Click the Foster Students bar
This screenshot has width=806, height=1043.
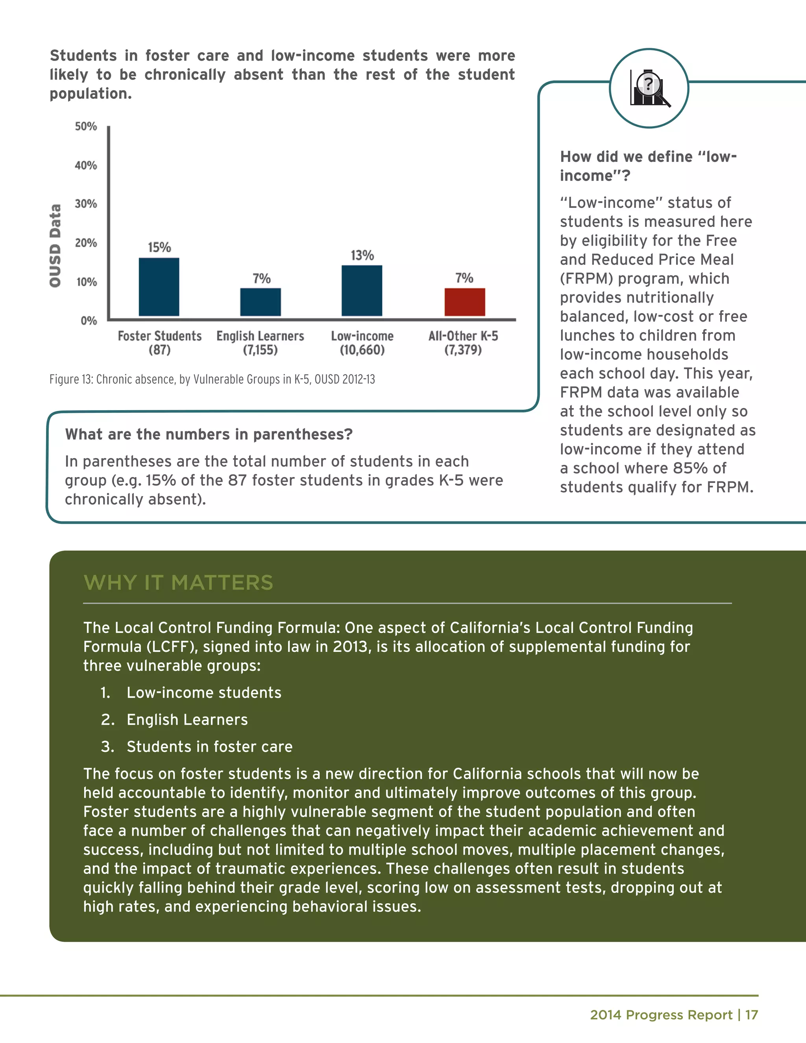[159, 287]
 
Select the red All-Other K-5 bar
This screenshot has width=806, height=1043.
[465, 302]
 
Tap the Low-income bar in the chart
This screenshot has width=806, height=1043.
[362, 290]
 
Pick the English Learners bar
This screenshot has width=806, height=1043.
[260, 302]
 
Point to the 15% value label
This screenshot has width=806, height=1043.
[159, 248]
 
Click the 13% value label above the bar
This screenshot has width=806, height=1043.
[362, 255]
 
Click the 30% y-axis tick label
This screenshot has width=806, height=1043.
[86, 204]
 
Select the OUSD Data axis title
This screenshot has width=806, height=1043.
[55, 246]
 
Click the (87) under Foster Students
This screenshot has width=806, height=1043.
[159, 350]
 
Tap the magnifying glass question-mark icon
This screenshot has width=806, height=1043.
[649, 88]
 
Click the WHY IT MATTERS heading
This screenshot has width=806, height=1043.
[178, 583]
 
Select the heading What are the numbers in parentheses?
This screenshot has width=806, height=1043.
[209, 435]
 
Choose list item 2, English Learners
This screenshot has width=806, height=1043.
[187, 720]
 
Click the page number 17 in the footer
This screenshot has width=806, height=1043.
[752, 1015]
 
